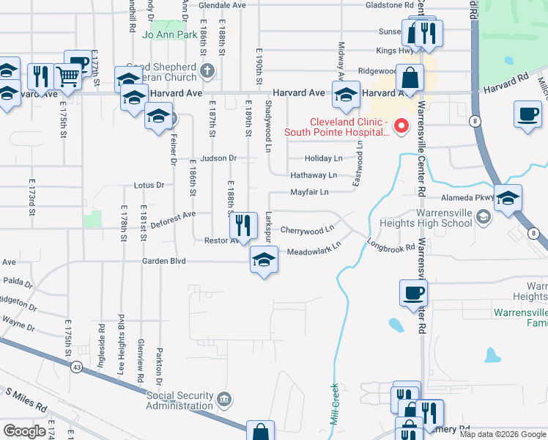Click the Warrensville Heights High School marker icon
click(483, 216)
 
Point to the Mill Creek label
click(335, 404)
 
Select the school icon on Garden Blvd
click(264, 260)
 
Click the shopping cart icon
click(67, 76)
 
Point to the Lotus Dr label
click(149, 186)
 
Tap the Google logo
click(24, 430)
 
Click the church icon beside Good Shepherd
click(207, 71)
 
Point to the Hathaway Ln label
click(313, 175)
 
